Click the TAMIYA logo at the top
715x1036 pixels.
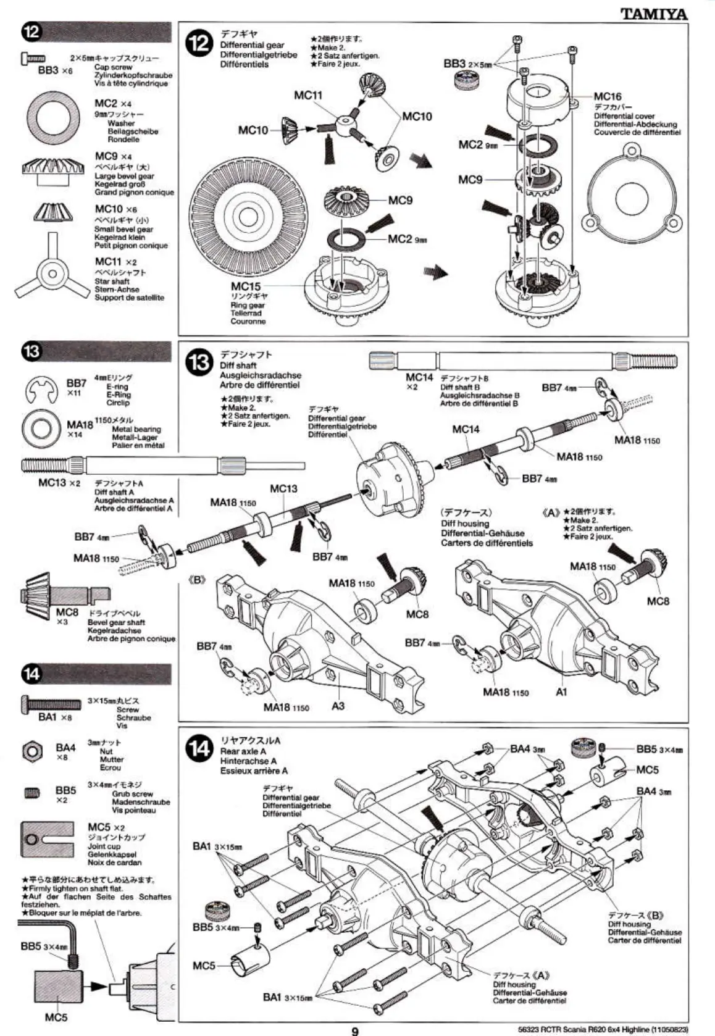pyautogui.click(x=653, y=14)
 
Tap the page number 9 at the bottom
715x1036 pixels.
pyautogui.click(x=355, y=1030)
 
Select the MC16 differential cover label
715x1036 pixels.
pyautogui.click(x=608, y=96)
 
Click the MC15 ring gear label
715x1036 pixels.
pyautogui.click(x=246, y=286)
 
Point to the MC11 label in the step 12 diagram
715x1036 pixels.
pyautogui.click(x=307, y=95)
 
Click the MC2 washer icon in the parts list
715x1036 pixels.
pyautogui.click(x=53, y=115)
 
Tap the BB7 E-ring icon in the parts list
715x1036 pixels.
pyautogui.click(x=41, y=391)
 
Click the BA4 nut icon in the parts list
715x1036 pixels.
pyautogui.click(x=31, y=751)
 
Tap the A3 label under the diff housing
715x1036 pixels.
pyautogui.click(x=338, y=706)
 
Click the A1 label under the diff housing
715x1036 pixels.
pyautogui.click(x=561, y=692)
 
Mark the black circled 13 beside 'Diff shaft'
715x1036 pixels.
pyautogui.click(x=201, y=362)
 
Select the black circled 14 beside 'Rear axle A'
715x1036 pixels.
pyautogui.click(x=200, y=749)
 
